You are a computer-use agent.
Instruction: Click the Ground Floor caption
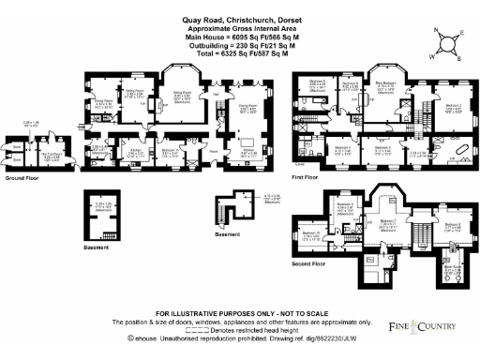(22, 176)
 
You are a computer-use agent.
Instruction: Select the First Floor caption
(306, 176)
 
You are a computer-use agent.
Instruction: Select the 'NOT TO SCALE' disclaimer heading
(239, 312)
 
